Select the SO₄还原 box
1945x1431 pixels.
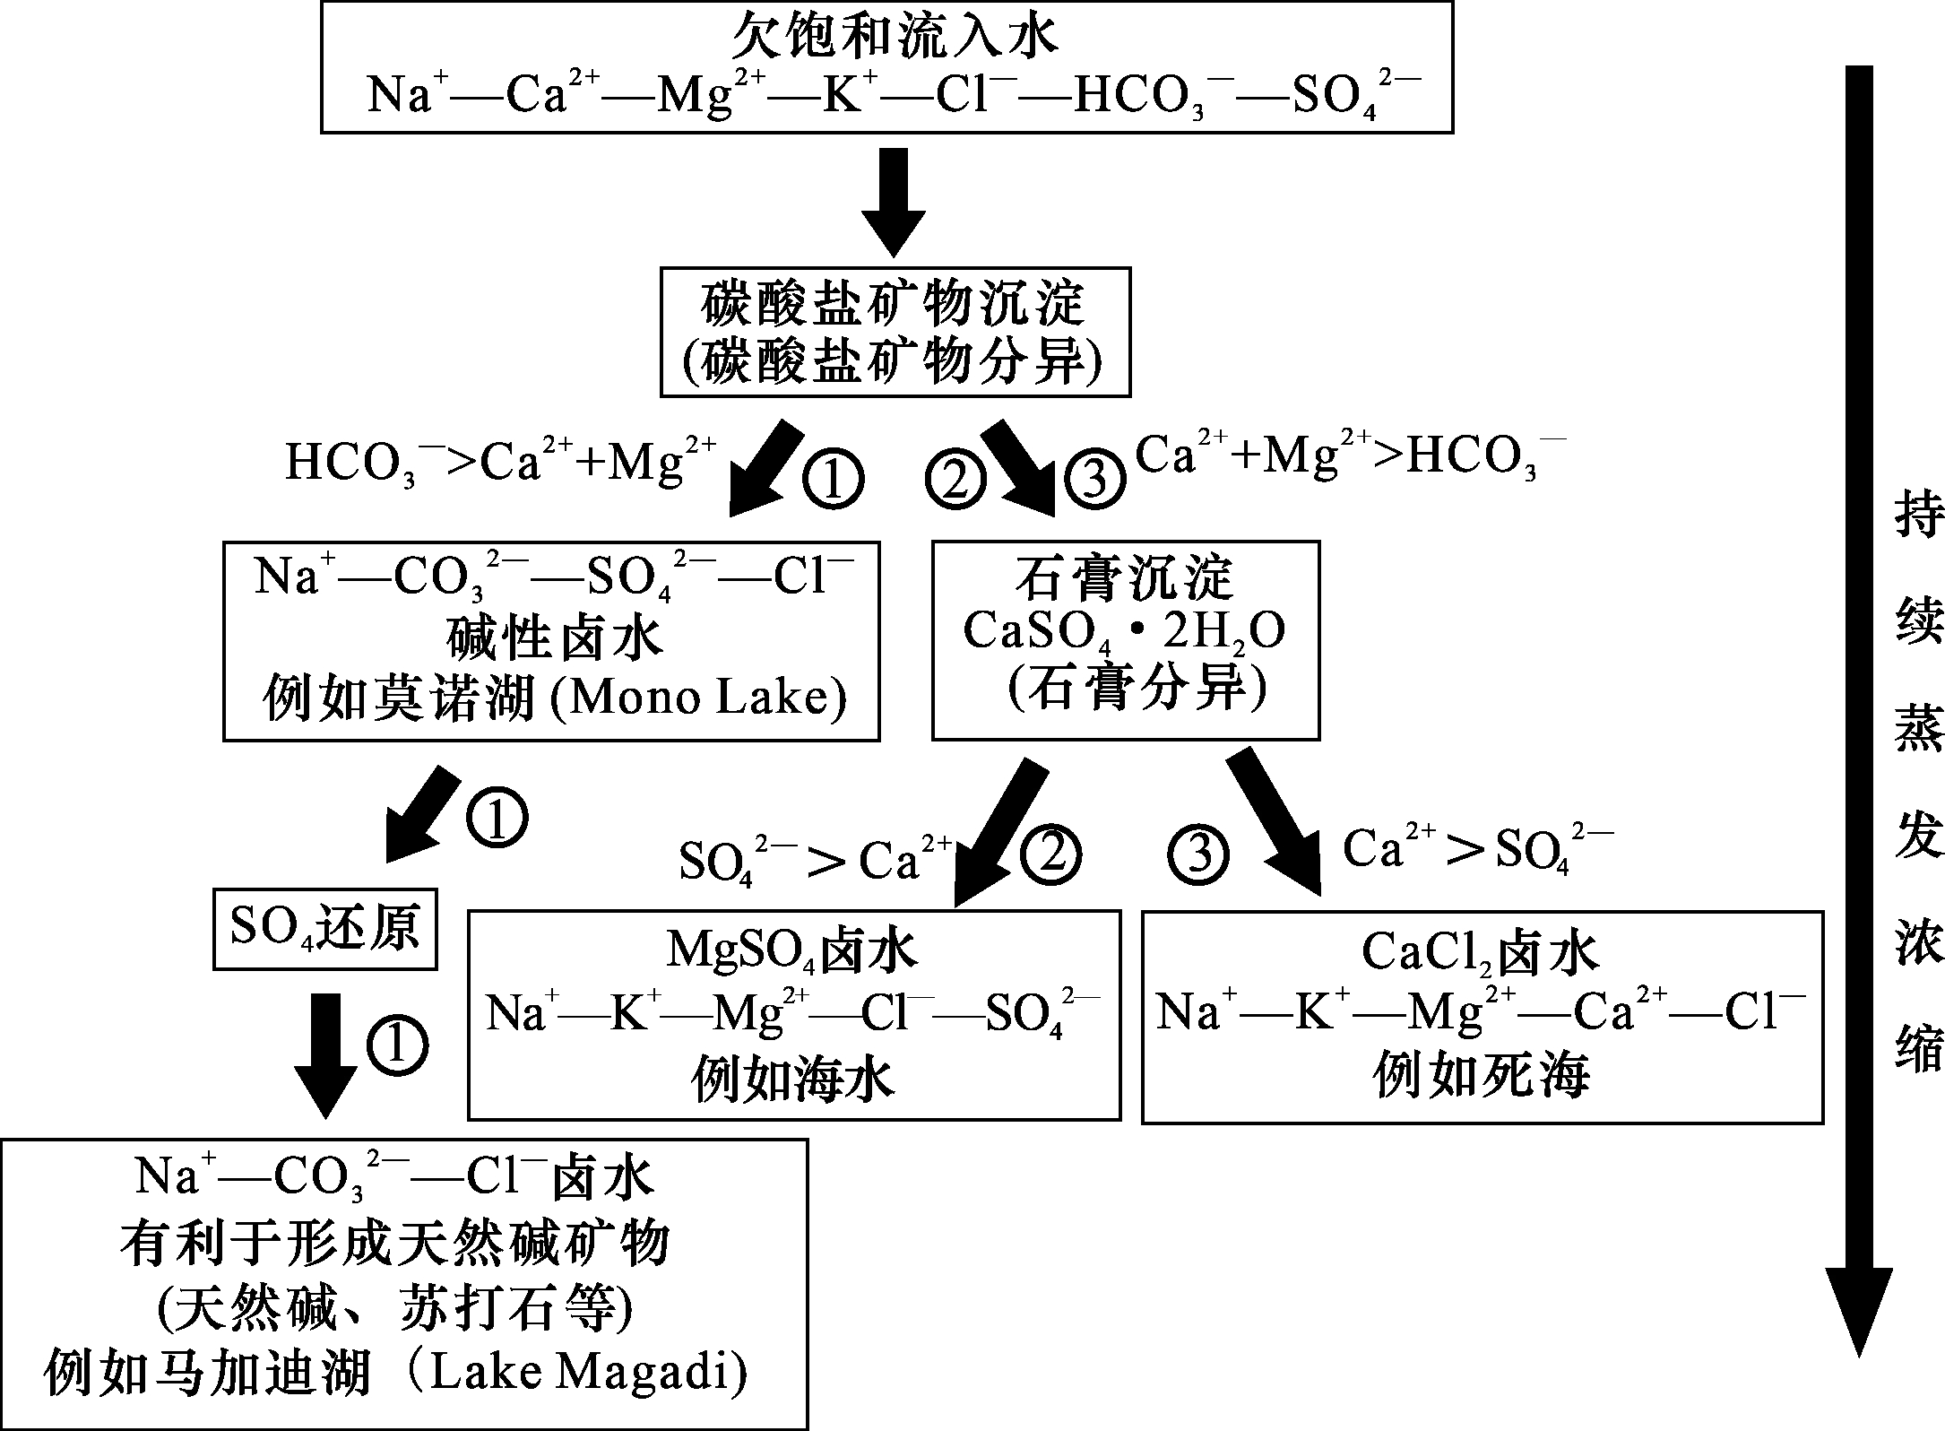point(324,928)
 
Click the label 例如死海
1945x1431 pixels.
point(1481,1076)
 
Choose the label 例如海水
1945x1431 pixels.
point(793,1078)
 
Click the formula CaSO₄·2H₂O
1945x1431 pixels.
point(1124,632)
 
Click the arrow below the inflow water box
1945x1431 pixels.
point(893,203)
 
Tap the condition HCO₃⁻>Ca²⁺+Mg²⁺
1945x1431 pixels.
point(500,461)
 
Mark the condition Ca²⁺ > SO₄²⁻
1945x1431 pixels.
point(1477,848)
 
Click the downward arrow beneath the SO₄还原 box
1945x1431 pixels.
point(325,1054)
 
